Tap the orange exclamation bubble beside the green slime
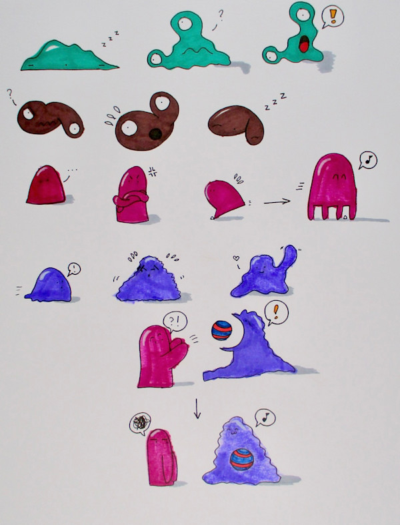point(333,17)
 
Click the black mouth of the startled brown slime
point(155,134)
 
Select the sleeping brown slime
point(236,124)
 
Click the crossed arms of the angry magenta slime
point(130,199)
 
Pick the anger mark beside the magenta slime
point(153,171)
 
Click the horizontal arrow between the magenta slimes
point(277,201)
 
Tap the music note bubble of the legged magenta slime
point(367,160)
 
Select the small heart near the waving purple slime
point(236,258)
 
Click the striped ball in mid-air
point(221,330)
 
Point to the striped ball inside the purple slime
point(242,460)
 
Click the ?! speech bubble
point(175,322)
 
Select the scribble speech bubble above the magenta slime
point(140,423)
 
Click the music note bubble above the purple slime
point(265,418)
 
